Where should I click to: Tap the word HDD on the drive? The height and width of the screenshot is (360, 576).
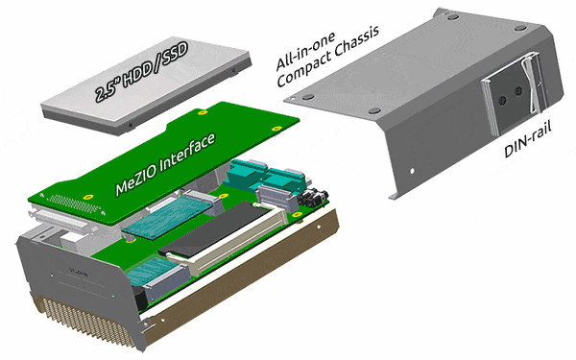point(138,74)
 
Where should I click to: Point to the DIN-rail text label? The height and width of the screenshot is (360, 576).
point(527,139)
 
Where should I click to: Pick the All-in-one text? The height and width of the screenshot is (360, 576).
point(305,52)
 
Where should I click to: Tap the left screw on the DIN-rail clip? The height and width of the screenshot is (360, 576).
point(503,100)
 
